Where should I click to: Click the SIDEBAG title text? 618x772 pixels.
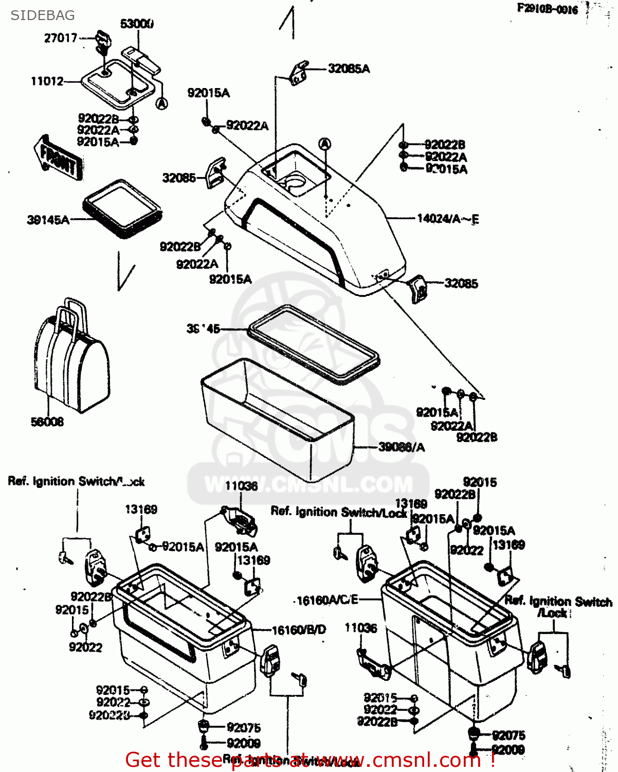pos(43,15)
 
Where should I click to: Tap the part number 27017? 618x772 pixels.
pos(60,38)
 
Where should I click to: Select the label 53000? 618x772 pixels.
pos(137,24)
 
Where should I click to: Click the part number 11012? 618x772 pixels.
pos(47,81)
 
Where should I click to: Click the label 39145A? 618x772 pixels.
pos(48,220)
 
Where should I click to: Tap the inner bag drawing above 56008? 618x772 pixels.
pos(72,360)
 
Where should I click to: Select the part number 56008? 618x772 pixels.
pos(47,422)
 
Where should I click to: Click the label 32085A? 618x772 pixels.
pos(349,68)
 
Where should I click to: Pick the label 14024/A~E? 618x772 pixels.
pos(447,219)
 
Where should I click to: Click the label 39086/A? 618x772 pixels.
pos(402,447)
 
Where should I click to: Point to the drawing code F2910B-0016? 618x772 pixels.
pos(548,9)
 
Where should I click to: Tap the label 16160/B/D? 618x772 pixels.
pos(298,630)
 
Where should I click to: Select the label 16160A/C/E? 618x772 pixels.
pos(328,600)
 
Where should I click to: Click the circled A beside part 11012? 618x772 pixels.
pos(161,103)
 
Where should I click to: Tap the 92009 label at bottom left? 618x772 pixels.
pos(243,743)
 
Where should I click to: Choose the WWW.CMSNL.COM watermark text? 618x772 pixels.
pos(308,485)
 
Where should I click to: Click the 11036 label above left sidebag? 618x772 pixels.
pos(241,486)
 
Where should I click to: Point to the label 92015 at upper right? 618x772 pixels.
pos(480,482)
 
